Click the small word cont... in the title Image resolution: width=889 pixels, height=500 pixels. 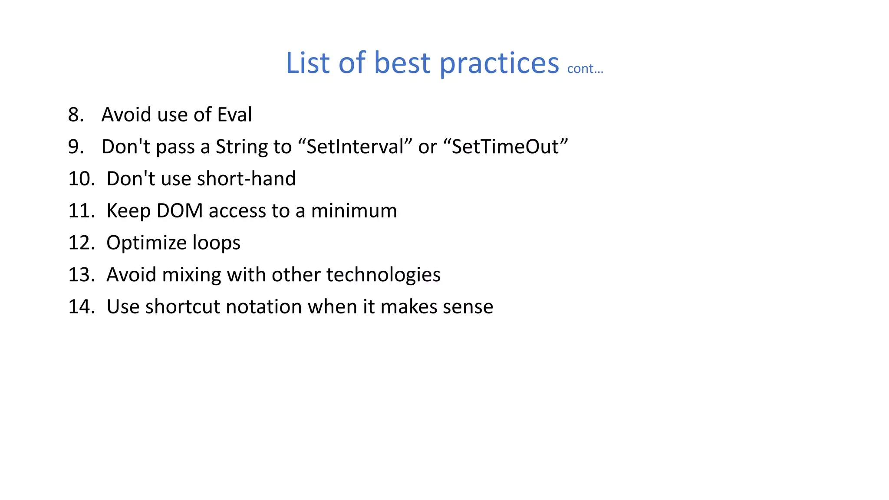tap(585, 69)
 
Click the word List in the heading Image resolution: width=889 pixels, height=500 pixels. tap(308, 63)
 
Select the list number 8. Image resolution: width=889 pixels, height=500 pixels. tap(76, 115)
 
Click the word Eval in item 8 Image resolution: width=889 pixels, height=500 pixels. tap(234, 115)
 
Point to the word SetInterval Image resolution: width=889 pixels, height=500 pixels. tap(356, 147)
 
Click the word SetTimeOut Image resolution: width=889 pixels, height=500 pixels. tap(505, 147)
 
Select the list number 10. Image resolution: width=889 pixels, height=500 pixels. tap(81, 179)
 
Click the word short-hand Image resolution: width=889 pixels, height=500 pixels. tap(246, 179)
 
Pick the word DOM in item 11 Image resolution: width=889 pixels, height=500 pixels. tap(179, 211)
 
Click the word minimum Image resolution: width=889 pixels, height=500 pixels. tap(354, 211)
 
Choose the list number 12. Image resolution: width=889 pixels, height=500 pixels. tap(81, 243)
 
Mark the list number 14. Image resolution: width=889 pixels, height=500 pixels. tap(81, 307)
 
